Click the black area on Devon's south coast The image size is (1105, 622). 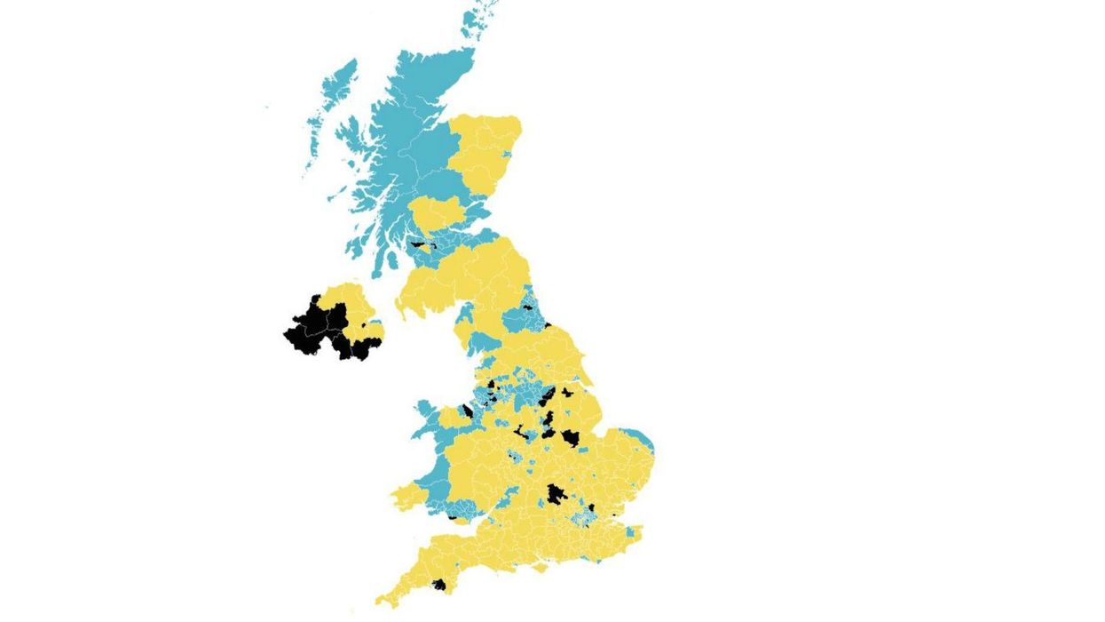[x=438, y=585]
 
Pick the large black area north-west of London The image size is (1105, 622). [x=556, y=494]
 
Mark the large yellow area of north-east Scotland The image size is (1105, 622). [x=484, y=151]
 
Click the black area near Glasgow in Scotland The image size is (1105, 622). [x=417, y=243]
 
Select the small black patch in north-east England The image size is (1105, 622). [x=527, y=307]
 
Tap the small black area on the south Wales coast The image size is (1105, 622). [x=453, y=516]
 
